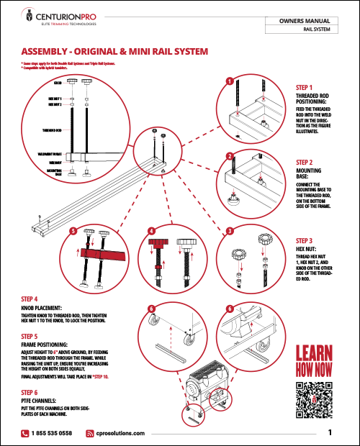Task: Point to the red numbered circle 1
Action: point(229,81)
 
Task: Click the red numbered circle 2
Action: point(229,157)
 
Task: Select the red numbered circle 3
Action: point(229,231)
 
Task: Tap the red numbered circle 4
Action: point(151,231)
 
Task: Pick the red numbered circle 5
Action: point(73,231)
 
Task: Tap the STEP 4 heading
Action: point(34,298)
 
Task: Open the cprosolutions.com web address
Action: point(120,433)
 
